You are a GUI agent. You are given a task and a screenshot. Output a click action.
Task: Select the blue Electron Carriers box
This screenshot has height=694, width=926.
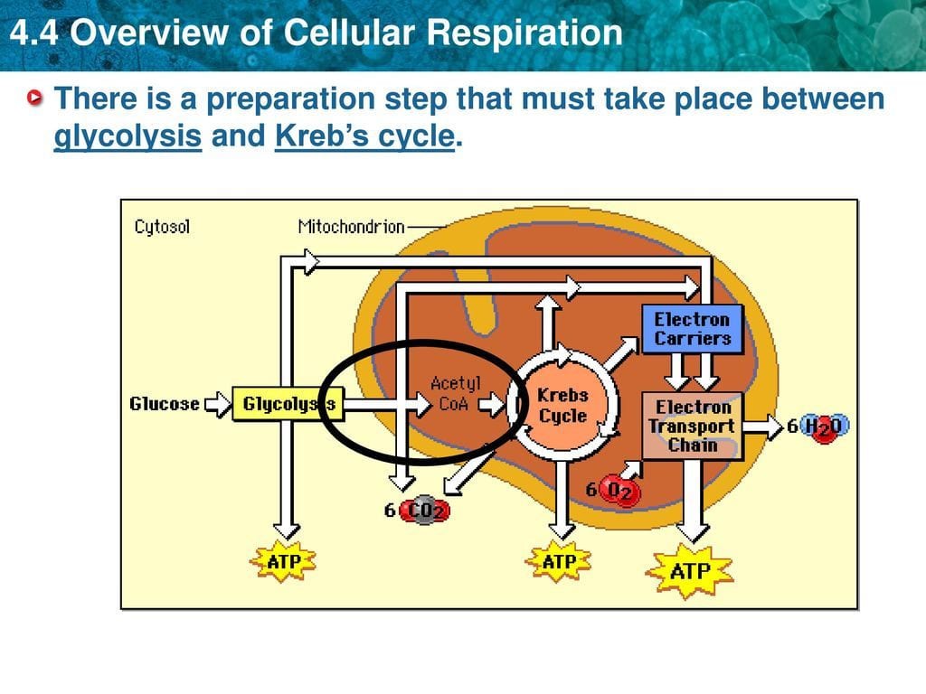692,329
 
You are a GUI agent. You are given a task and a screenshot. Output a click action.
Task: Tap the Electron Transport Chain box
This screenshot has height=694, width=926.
692,426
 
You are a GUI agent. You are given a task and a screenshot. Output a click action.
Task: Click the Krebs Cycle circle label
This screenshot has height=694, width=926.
562,406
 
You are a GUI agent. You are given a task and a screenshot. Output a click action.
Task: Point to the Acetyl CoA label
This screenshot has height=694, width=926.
454,395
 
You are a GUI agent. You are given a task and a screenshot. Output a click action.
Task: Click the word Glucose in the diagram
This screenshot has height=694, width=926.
165,404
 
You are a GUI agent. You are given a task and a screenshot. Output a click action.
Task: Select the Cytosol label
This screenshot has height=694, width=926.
162,227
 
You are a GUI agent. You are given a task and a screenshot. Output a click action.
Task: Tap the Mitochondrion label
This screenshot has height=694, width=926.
351,227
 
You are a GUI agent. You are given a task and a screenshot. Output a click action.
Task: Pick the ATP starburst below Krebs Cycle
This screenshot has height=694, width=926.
560,561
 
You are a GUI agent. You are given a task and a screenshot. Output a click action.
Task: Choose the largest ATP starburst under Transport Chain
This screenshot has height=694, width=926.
691,570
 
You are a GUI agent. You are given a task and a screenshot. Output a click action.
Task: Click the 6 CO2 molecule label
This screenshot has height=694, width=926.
417,511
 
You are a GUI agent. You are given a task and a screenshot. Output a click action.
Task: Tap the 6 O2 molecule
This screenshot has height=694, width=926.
614,492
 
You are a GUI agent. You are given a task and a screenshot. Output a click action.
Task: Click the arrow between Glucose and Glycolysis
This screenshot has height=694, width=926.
218,404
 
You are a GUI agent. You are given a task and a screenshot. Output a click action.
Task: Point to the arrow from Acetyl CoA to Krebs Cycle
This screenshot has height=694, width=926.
492,406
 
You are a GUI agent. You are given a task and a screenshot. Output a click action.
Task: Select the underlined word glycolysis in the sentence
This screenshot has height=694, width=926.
128,136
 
